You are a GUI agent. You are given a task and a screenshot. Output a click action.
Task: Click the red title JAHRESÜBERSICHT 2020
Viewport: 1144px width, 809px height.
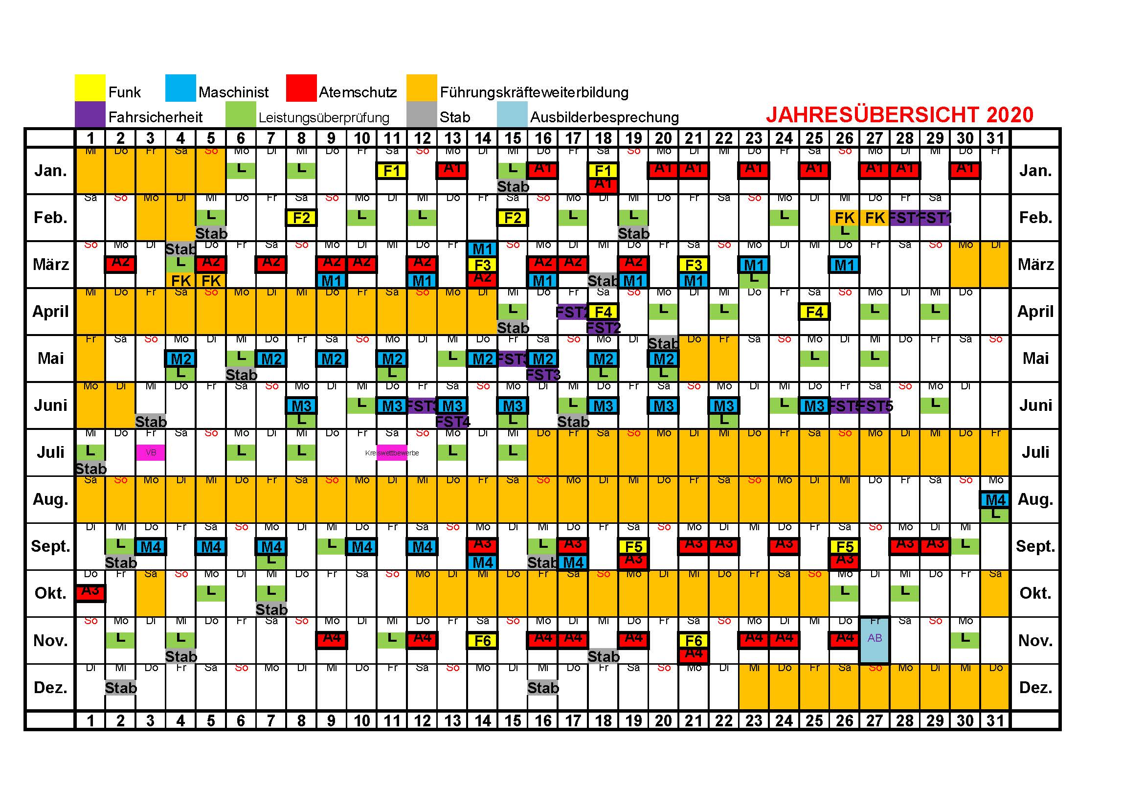tap(899, 115)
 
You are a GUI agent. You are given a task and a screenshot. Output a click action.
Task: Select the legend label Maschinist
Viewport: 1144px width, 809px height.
tap(233, 92)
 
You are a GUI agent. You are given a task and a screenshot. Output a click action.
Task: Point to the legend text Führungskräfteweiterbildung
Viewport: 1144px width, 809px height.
tap(534, 92)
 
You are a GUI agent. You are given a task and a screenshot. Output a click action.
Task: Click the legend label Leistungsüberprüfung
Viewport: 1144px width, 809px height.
tap(323, 117)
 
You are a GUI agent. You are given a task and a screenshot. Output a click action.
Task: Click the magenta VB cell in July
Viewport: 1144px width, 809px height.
tap(151, 452)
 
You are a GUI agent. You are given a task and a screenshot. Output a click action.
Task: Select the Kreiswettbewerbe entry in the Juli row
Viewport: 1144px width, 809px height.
tap(392, 453)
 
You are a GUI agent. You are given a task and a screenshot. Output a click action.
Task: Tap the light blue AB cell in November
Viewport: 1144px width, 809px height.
tap(875, 639)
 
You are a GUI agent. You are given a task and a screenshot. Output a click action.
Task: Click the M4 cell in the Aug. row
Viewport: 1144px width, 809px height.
tap(995, 500)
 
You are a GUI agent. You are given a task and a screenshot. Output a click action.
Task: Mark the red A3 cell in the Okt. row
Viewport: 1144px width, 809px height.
tap(90, 592)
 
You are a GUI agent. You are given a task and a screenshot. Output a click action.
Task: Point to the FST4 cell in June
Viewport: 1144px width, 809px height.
tap(452, 422)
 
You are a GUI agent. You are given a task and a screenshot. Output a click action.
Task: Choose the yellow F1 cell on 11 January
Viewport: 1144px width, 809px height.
tap(392, 171)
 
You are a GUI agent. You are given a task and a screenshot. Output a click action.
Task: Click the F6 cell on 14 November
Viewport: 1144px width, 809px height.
tap(482, 641)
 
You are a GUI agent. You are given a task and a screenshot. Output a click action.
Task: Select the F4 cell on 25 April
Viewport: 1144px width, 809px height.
tap(814, 312)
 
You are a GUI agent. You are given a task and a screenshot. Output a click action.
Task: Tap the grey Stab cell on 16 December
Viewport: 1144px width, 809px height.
tap(542, 687)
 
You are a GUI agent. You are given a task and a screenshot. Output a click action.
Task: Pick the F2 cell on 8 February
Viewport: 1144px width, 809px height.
tap(301, 218)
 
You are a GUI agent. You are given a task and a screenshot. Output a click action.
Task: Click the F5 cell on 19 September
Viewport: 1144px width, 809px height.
tap(633, 546)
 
